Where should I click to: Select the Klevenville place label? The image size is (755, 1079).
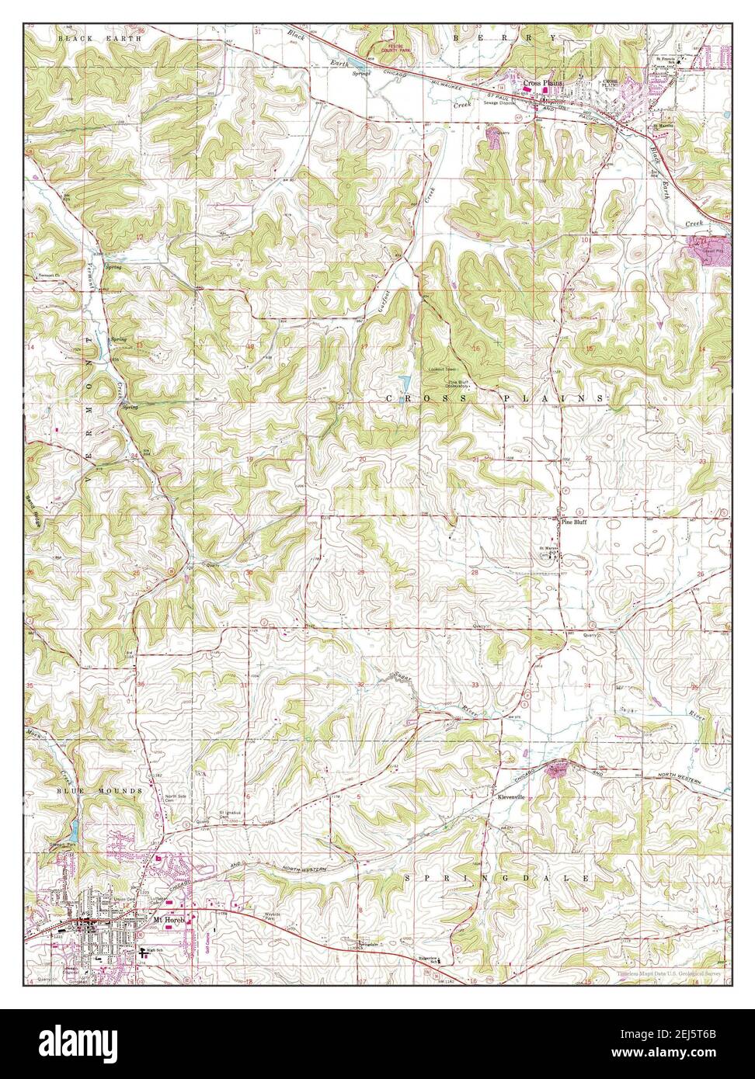(513, 797)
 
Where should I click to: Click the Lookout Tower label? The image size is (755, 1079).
(442, 369)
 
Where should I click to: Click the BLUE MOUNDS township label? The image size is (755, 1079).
(83, 790)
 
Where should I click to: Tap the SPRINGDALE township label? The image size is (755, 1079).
(497, 878)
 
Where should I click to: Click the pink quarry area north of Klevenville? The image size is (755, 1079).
(557, 769)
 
